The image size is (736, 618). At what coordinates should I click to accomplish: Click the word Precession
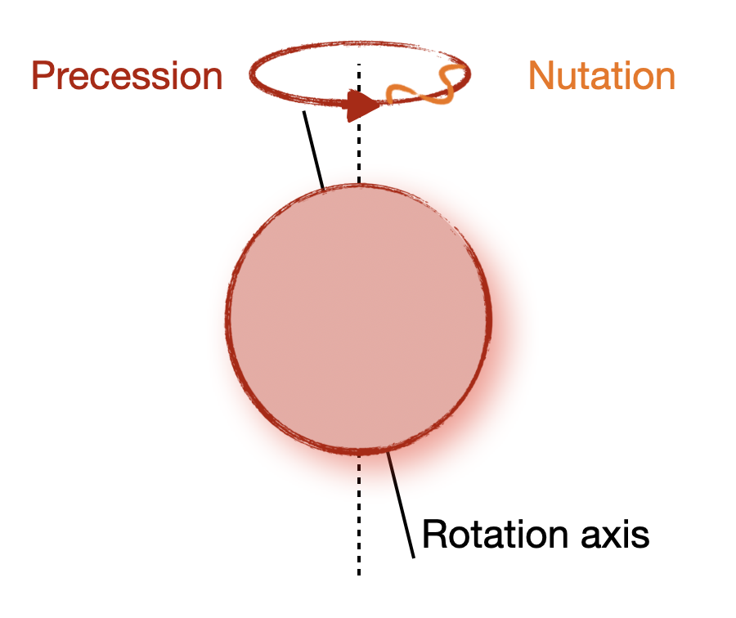(x=127, y=75)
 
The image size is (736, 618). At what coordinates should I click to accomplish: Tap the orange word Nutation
(x=602, y=75)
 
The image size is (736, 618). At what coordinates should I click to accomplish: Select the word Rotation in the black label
(x=496, y=534)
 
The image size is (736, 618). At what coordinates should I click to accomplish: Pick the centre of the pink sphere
(x=359, y=319)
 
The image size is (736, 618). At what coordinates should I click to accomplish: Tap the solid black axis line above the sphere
(x=313, y=150)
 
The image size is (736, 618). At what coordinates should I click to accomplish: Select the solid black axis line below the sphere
(x=401, y=505)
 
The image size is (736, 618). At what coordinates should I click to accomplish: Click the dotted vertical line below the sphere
(x=359, y=515)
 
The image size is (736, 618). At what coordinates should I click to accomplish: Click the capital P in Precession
(x=42, y=75)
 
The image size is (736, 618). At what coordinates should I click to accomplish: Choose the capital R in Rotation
(x=434, y=534)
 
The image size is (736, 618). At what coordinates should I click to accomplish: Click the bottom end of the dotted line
(x=359, y=575)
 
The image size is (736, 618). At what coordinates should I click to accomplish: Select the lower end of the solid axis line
(x=414, y=558)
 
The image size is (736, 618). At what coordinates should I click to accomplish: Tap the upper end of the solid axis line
(x=303, y=112)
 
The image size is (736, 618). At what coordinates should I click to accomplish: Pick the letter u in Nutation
(x=567, y=79)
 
